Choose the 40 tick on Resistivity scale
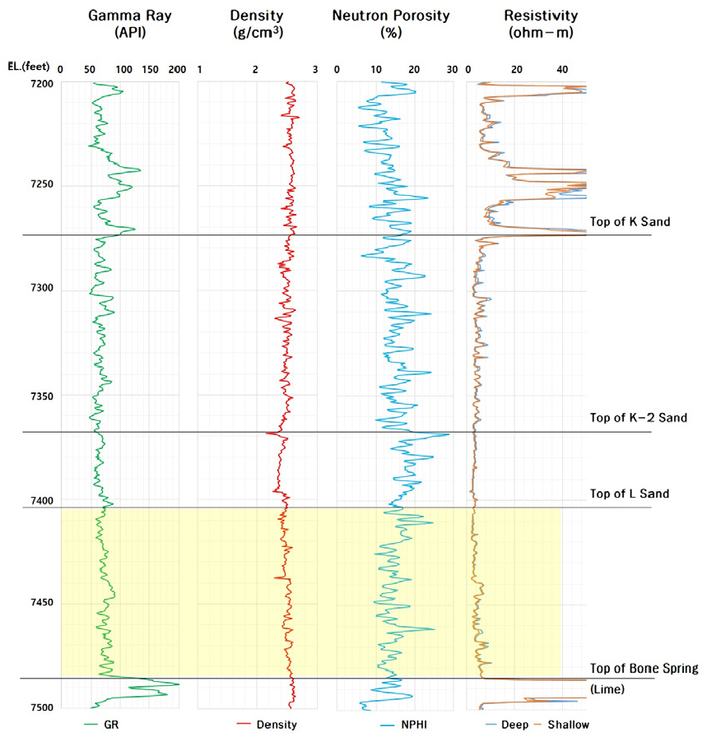click(x=563, y=70)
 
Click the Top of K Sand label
click(x=630, y=221)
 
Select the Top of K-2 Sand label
click(x=638, y=418)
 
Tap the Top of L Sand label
click(x=630, y=494)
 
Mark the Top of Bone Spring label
click(x=644, y=668)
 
